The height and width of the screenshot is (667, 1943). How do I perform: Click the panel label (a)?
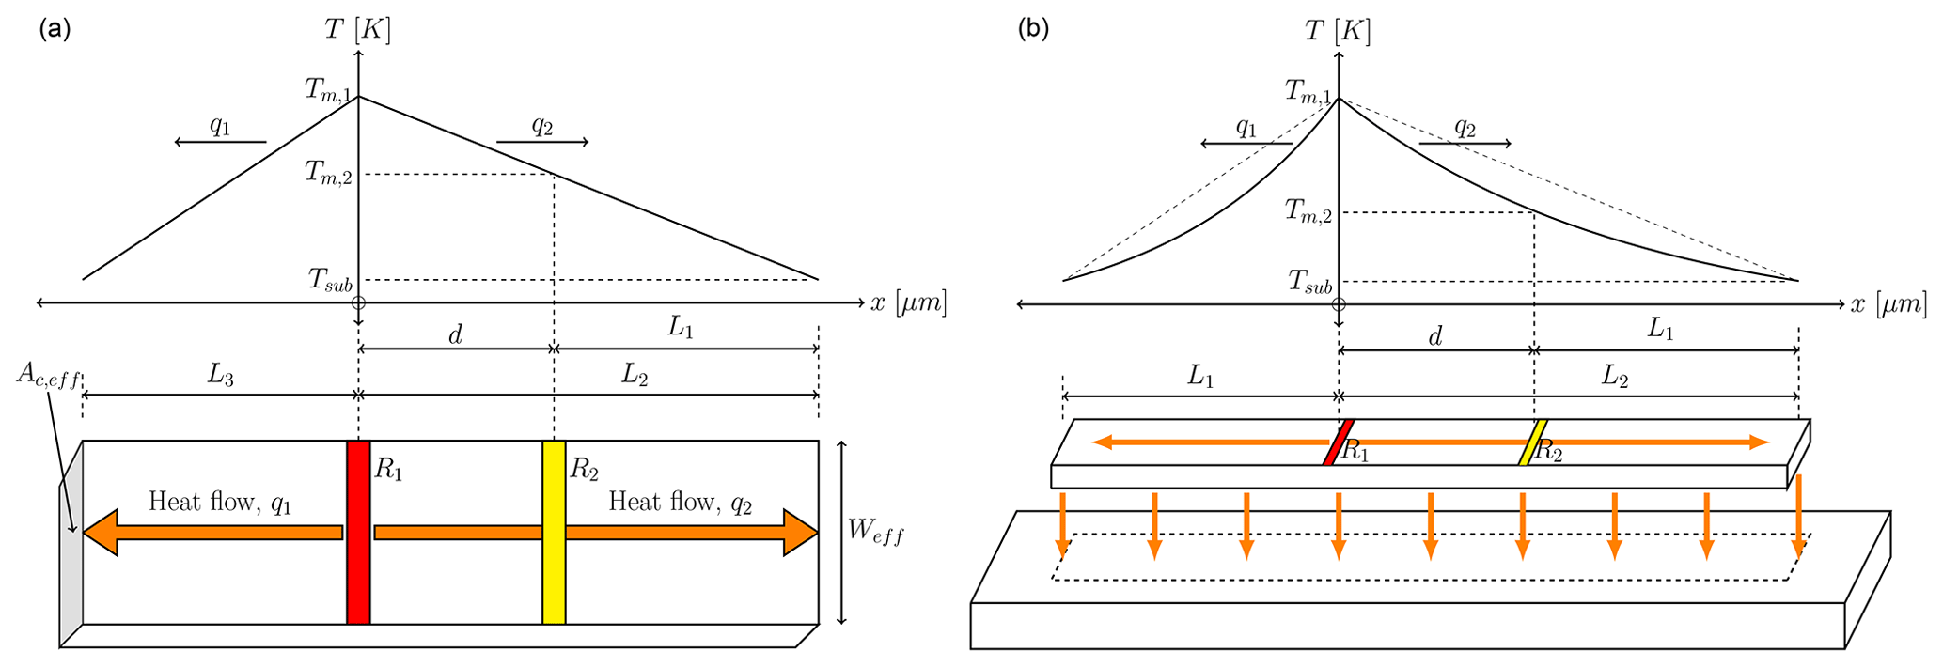[55, 29]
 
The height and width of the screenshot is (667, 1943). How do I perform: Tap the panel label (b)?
[1034, 29]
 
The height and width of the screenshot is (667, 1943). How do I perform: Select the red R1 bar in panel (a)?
[358, 532]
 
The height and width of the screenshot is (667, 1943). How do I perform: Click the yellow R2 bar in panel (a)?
[554, 532]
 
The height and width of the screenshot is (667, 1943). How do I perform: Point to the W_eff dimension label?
[875, 532]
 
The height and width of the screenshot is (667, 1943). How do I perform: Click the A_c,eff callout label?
[47, 376]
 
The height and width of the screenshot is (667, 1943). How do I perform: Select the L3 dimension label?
[220, 376]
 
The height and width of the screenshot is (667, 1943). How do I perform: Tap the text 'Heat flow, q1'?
[220, 503]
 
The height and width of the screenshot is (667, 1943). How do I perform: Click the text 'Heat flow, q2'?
[681, 503]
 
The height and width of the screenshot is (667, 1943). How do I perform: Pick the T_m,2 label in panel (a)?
[328, 173]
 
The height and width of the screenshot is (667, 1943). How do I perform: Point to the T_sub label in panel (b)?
[1309, 281]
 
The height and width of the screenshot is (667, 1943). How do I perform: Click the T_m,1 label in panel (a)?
[328, 90]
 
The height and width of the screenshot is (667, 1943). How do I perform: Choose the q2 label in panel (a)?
[542, 125]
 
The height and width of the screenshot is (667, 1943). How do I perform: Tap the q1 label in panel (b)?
[1246, 127]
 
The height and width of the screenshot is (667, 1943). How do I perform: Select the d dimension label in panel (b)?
[1435, 336]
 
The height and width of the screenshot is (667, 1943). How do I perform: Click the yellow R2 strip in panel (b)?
[1533, 442]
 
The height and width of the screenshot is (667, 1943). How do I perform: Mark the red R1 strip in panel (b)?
[1338, 442]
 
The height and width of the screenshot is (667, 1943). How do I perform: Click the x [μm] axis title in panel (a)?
[908, 303]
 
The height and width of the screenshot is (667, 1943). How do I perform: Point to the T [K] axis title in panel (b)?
[1338, 31]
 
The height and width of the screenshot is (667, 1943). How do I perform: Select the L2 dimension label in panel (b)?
[1614, 377]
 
